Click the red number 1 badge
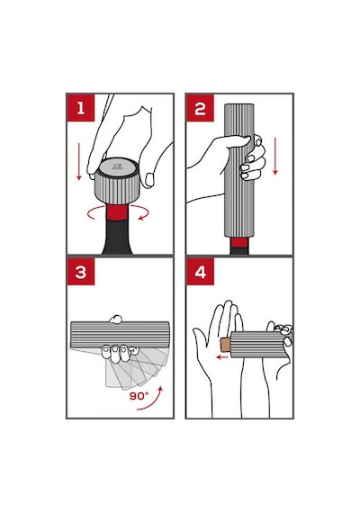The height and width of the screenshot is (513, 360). [81, 108]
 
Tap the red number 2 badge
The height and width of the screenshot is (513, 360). [200, 108]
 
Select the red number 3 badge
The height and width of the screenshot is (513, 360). [81, 272]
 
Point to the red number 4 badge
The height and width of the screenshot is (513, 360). [200, 272]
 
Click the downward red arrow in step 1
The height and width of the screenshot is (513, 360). [79, 161]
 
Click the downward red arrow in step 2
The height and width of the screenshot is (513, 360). [275, 157]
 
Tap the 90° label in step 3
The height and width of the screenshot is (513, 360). [139, 396]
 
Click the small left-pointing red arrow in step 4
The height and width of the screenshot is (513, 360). [222, 357]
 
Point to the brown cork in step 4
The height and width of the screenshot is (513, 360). [226, 345]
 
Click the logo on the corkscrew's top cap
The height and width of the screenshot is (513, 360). [116, 166]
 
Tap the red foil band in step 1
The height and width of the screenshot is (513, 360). [118, 212]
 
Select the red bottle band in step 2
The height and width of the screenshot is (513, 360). [239, 243]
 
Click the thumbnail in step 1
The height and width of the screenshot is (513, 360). [149, 179]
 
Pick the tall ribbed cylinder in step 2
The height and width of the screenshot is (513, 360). [239, 170]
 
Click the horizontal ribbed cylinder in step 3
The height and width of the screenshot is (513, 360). [120, 335]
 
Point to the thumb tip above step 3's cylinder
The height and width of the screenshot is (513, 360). [115, 319]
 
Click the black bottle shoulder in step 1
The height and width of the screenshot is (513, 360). [118, 238]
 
